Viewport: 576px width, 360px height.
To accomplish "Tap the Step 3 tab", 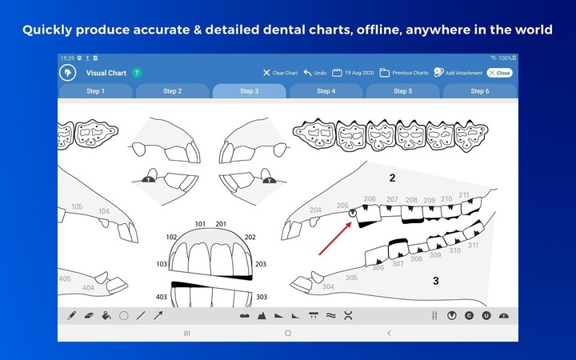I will tap(249, 91).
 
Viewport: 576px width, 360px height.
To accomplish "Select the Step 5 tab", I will tap(402, 91).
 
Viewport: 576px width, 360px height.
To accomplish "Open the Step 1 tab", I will tap(95, 91).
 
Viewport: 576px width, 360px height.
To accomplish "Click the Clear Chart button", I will tap(280, 73).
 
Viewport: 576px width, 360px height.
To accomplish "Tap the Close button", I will tap(499, 73).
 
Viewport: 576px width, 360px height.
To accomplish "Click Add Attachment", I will tap(459, 73).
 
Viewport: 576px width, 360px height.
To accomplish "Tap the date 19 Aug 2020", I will tap(354, 73).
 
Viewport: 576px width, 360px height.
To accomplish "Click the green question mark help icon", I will tap(137, 73).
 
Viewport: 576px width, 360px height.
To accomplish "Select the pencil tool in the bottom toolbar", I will tap(72, 316).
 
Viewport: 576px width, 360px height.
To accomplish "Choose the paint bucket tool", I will tap(106, 316).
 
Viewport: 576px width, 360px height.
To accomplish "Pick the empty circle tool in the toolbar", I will tap(124, 316).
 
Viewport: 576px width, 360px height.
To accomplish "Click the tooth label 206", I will tap(370, 199).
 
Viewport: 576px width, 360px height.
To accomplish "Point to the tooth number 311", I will tap(473, 246).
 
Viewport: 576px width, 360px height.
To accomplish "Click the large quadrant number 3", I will tap(435, 281).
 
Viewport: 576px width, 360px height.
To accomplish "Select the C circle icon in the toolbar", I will tap(470, 316).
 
